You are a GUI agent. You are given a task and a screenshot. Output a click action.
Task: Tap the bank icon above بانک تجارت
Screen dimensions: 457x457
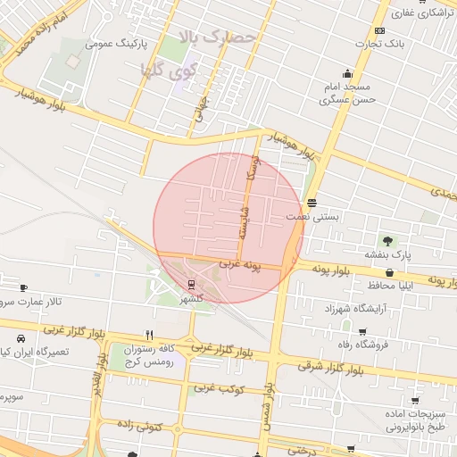(380, 30)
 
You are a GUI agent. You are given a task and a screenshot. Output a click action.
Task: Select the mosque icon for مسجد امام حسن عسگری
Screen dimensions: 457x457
(347, 74)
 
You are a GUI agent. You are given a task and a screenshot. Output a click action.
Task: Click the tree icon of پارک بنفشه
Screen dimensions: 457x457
(387, 240)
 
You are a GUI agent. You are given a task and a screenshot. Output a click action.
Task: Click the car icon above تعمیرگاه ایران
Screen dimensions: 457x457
(20, 339)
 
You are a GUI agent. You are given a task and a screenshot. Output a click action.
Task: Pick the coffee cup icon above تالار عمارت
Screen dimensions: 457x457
(23, 288)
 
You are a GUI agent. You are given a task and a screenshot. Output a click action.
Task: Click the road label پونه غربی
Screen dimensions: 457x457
(243, 266)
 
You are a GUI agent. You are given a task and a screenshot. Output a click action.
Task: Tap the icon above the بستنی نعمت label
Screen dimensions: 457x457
(311, 202)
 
